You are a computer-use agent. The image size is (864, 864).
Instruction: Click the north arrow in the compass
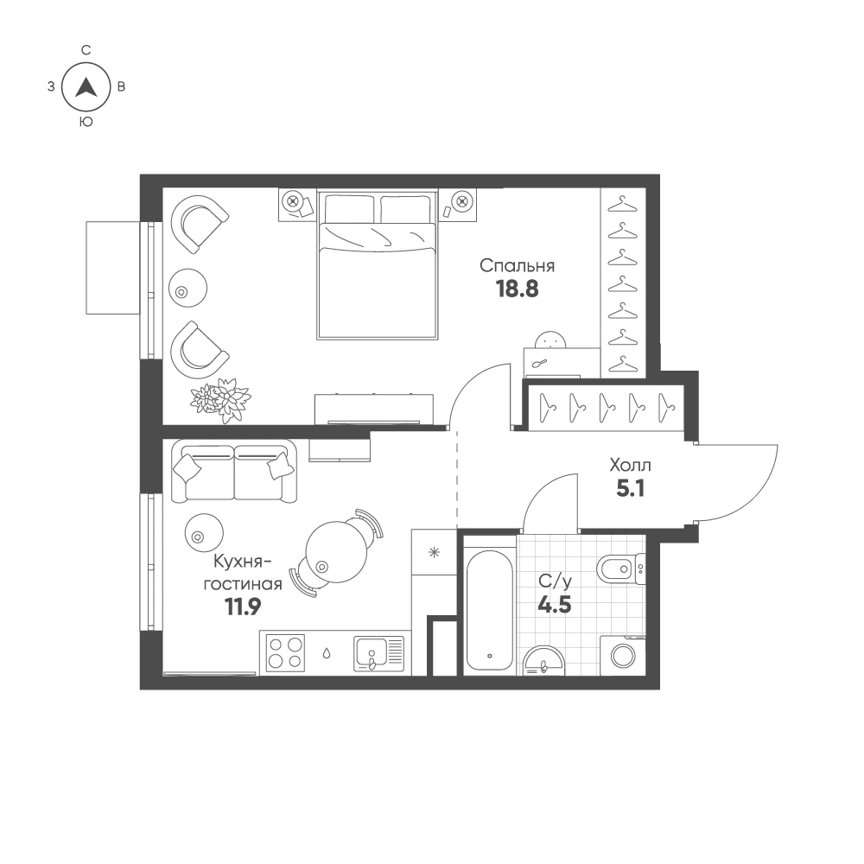tap(86, 87)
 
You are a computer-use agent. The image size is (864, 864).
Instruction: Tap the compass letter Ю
tap(86, 122)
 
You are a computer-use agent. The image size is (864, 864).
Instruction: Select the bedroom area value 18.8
tap(518, 289)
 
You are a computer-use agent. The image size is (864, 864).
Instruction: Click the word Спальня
tap(517, 265)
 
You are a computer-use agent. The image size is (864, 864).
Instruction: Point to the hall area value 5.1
tap(631, 488)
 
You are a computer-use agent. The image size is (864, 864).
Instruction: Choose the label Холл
tap(631, 465)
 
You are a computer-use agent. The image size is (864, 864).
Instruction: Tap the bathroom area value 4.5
tap(555, 605)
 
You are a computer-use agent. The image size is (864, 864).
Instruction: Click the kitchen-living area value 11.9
tap(243, 607)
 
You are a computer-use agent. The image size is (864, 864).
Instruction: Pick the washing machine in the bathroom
tap(623, 655)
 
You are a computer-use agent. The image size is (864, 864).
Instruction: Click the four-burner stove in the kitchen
tap(285, 653)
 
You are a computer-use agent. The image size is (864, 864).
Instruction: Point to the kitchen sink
tap(378, 653)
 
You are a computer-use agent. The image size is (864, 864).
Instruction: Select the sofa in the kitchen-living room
tap(233, 471)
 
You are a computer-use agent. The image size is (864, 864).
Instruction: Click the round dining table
tap(336, 551)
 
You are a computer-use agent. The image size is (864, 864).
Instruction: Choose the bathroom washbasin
tap(543, 661)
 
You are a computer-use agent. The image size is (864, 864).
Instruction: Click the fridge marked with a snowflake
tap(435, 552)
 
